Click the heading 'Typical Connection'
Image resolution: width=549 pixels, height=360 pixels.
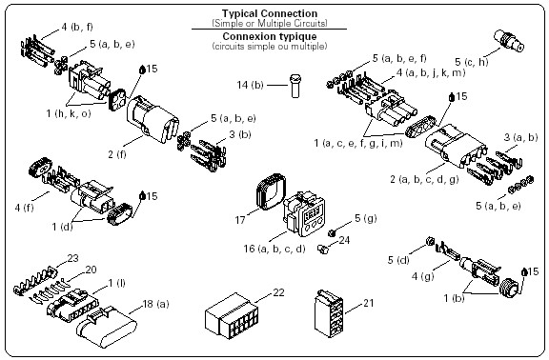pyautogui.click(x=269, y=13)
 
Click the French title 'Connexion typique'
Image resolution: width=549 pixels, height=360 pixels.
pyautogui.click(x=269, y=36)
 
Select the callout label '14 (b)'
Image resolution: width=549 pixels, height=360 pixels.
pyautogui.click(x=250, y=85)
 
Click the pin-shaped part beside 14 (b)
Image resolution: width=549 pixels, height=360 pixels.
pyautogui.click(x=295, y=86)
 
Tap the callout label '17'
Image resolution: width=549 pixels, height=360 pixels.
pyautogui.click(x=240, y=220)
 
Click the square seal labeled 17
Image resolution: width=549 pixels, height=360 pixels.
pyautogui.click(x=272, y=191)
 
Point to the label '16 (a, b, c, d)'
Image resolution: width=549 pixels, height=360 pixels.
pyautogui.click(x=274, y=249)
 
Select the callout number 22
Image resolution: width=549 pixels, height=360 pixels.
pyautogui.click(x=278, y=292)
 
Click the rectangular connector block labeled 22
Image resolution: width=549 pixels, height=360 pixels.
pyautogui.click(x=232, y=316)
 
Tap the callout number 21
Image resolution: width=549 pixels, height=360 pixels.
pyautogui.click(x=368, y=303)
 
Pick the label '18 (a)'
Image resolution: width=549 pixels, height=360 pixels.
pyautogui.click(x=155, y=304)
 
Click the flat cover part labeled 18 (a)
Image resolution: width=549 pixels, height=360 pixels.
pyautogui.click(x=107, y=327)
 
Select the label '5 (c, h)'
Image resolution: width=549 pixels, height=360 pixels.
pyautogui.click(x=471, y=62)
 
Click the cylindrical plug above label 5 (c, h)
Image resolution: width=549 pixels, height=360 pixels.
pyautogui.click(x=509, y=41)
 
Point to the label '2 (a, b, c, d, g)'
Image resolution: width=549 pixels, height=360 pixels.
pyautogui.click(x=424, y=179)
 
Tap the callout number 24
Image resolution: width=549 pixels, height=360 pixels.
pyautogui.click(x=344, y=240)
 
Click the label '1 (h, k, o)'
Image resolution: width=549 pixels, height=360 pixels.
pyautogui.click(x=69, y=113)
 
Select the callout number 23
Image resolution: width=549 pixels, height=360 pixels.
pyautogui.click(x=72, y=258)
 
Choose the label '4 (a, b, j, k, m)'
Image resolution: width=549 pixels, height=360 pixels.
pyautogui.click(x=431, y=72)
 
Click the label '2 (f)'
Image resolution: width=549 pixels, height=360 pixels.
pyautogui.click(x=117, y=154)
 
